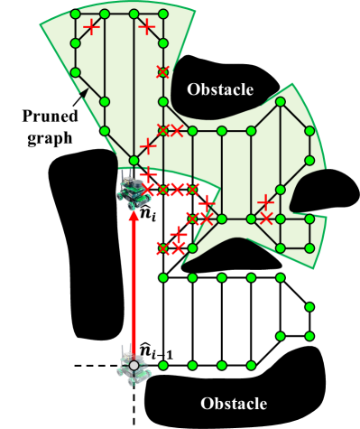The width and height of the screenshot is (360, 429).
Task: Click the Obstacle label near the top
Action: click(220, 89)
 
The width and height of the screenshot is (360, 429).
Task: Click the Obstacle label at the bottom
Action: click(234, 403)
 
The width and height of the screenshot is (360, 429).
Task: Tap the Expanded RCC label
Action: click(50, 126)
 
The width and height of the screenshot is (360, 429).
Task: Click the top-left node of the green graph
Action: click(75, 14)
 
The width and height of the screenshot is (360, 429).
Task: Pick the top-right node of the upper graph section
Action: click(163, 14)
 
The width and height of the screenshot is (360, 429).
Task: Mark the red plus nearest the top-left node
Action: click(91, 27)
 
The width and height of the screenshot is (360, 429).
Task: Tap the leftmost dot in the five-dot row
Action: click(163, 277)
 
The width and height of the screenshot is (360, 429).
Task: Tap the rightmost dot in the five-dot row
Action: click(281, 277)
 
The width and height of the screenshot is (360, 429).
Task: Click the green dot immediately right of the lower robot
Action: click(163, 366)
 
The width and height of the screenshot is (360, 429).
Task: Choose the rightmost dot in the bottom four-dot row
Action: click(251, 366)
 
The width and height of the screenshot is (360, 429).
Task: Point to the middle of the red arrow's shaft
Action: click(134, 284)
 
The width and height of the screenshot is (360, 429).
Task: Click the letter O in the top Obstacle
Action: click(193, 89)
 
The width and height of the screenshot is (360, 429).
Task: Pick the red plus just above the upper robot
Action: click(148, 173)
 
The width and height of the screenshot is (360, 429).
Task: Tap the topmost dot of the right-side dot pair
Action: click(309, 307)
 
